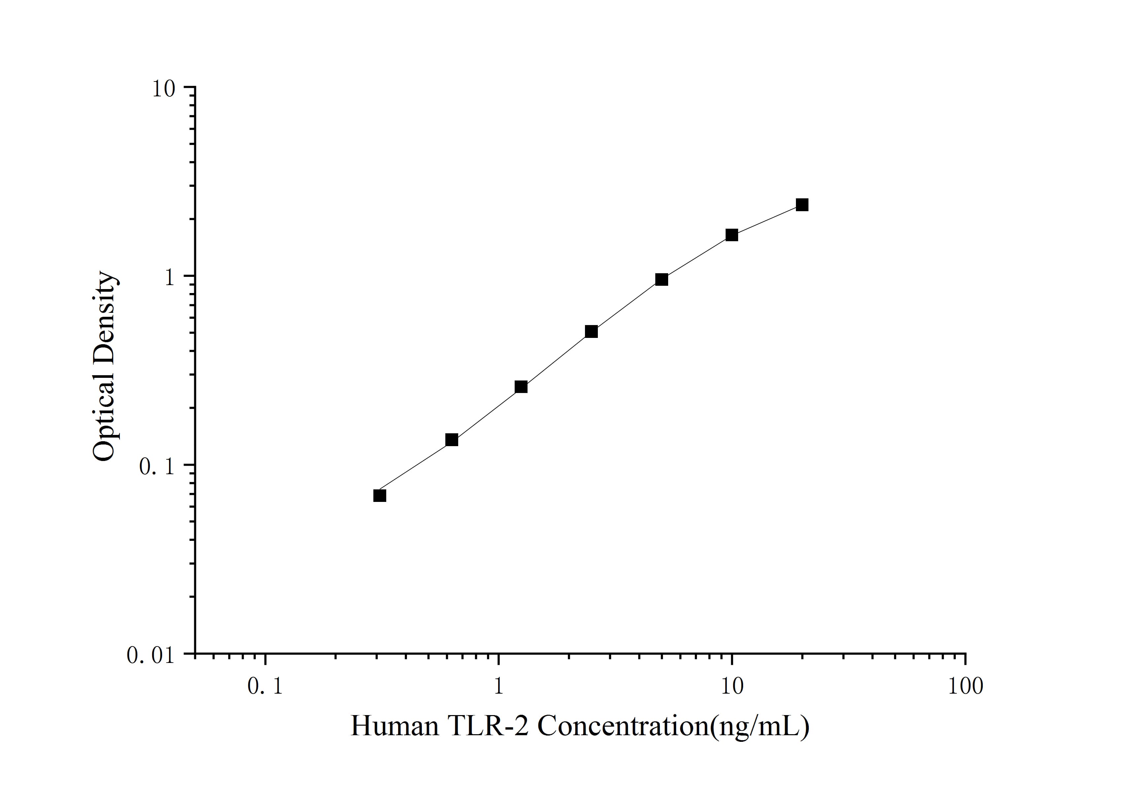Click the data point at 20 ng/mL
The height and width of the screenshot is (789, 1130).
[802, 205]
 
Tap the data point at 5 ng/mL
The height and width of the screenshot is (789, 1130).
[662, 279]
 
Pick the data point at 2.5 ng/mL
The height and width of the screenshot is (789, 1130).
[591, 332]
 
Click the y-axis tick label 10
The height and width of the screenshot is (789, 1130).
[163, 89]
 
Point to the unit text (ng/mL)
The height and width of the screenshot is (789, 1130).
[760, 727]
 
